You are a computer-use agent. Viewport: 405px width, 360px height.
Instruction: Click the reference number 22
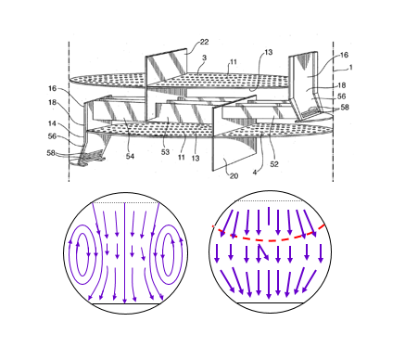[x=204, y=42]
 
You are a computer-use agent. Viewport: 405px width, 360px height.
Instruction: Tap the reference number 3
[x=204, y=58]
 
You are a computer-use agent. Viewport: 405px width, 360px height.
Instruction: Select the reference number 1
[x=350, y=67]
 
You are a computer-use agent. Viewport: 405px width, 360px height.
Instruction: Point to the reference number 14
[x=52, y=123]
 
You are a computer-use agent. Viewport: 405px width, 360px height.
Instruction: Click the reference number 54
[x=130, y=156]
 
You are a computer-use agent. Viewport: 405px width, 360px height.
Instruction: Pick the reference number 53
[x=166, y=152]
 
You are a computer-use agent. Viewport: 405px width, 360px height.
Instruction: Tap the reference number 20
[x=234, y=176]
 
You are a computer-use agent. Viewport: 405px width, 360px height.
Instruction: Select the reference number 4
[x=255, y=173]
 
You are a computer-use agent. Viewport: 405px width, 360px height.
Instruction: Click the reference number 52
[x=274, y=164]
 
